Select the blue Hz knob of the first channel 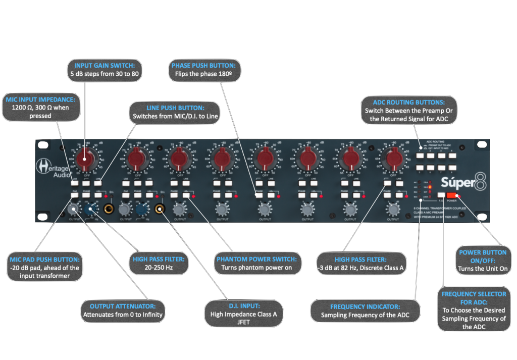pyautogui.click(x=92, y=208)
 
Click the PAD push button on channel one pyautogui.click(x=75, y=194)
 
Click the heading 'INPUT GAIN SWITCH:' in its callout pyautogui.click(x=105, y=66)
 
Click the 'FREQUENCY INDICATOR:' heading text pyautogui.click(x=365, y=306)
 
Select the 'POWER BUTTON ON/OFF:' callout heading pyautogui.click(x=483, y=256)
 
